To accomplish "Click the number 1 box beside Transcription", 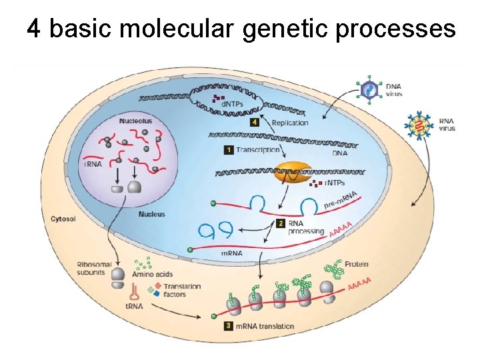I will pyautogui.click(x=229, y=151).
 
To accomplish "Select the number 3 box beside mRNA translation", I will pyautogui.click(x=229, y=326).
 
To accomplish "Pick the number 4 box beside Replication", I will pyautogui.click(x=255, y=123).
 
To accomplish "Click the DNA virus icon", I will pyautogui.click(x=367, y=89).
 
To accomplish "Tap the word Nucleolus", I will pyautogui.click(x=135, y=121).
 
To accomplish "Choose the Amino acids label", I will pyautogui.click(x=152, y=273).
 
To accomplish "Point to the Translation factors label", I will pyautogui.click(x=183, y=290).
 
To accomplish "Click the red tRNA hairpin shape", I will pyautogui.click(x=134, y=291).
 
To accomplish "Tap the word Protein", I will pyautogui.click(x=357, y=265).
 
